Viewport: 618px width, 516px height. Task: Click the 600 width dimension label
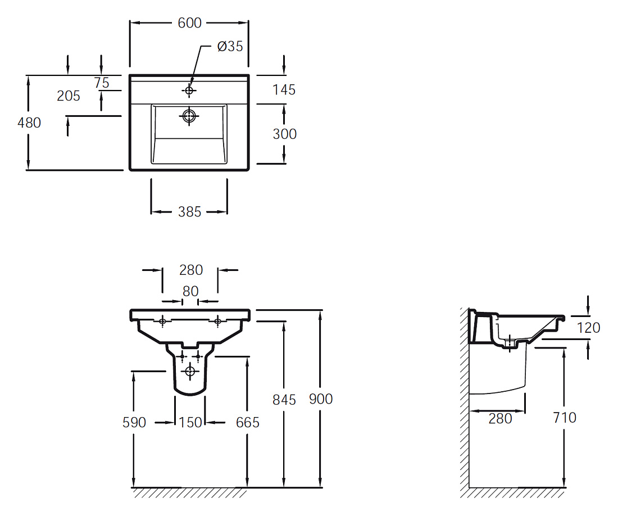189,23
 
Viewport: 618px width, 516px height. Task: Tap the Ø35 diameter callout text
230,46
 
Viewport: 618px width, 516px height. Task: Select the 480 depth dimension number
29,123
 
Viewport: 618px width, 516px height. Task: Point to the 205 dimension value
69,96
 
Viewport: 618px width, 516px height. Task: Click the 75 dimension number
102,83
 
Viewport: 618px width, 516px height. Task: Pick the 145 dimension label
284,89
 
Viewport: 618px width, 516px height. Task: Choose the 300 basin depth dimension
285,134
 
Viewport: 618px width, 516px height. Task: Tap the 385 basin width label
189,212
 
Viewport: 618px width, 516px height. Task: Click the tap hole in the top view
189,90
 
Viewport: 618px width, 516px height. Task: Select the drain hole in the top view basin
189,116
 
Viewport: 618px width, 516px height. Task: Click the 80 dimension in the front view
190,291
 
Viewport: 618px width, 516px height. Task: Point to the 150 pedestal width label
190,423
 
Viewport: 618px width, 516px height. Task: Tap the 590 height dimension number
134,423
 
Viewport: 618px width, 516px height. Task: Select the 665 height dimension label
248,423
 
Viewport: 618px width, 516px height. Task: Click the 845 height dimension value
284,400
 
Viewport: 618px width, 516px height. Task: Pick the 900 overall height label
321,399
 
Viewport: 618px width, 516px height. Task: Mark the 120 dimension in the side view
588,328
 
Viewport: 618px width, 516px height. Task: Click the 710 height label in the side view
565,418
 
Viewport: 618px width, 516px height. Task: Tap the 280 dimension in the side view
500,418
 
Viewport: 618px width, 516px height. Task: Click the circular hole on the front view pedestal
190,371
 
